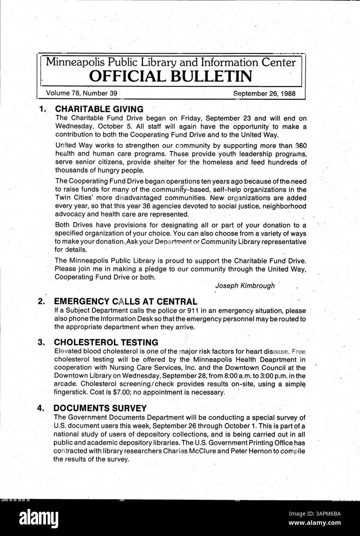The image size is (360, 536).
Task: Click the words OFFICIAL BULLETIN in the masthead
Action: (x=171, y=76)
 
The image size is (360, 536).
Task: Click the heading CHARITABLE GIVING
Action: (x=99, y=109)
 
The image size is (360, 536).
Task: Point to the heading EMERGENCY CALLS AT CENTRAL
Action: (x=126, y=302)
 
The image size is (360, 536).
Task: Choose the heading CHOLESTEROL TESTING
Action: (x=106, y=342)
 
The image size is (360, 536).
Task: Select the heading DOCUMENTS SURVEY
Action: (x=100, y=408)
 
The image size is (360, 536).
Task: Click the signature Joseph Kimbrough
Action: (x=245, y=286)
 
